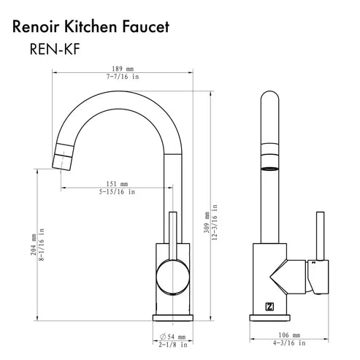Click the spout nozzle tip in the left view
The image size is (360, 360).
click(59, 157)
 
